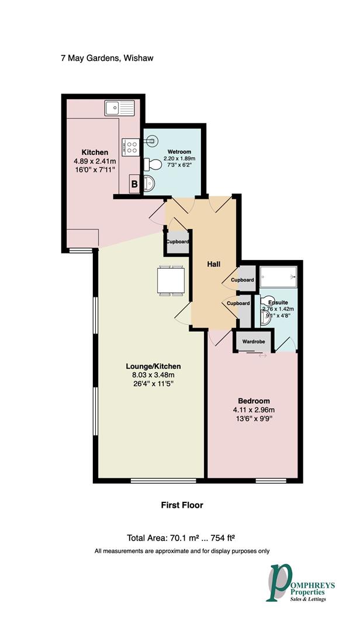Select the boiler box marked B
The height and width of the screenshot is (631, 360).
tap(134, 185)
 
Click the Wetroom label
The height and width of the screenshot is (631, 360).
tap(179, 152)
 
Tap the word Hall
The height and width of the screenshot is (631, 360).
tap(214, 265)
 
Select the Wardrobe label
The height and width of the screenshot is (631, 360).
tap(252, 342)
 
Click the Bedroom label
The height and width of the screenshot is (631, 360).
tap(255, 401)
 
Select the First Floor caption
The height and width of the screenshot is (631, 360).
tap(182, 505)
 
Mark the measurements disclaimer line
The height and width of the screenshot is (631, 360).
tap(182, 551)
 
